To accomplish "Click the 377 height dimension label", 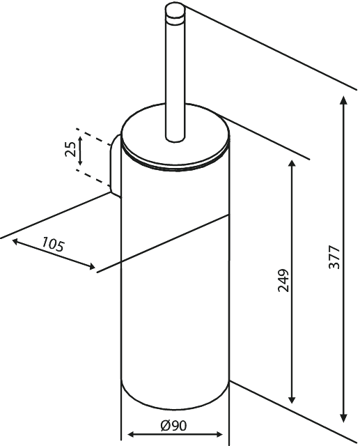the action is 334,257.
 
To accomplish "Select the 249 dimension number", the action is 283,280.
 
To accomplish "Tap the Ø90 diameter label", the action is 173,426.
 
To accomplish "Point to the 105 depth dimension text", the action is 54,245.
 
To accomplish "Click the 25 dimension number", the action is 70,149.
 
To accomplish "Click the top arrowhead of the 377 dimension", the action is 344,100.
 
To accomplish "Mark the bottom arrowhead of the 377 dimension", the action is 344,418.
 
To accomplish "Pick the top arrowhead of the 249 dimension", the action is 292,164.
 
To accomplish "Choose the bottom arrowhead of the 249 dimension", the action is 292,399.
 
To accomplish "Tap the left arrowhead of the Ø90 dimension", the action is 132,434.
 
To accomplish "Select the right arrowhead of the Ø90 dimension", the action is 218,434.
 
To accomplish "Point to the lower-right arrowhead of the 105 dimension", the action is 91,266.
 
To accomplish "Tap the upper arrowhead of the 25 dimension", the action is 80,139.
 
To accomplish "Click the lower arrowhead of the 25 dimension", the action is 80,162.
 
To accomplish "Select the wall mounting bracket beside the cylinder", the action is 116,166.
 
